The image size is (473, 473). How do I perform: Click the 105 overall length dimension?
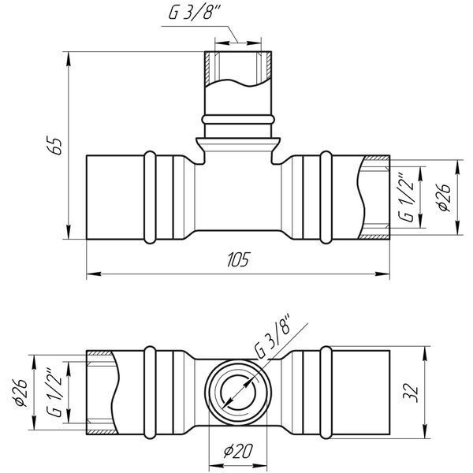238,259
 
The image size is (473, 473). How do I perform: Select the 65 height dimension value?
55,147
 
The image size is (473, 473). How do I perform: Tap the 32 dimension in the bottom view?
411,393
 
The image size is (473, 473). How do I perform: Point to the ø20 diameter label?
238,451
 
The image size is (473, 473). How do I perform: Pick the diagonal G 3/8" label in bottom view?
273,336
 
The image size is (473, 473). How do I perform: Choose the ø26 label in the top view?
445,198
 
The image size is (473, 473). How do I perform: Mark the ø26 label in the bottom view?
20,392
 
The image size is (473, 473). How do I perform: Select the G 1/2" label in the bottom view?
55,392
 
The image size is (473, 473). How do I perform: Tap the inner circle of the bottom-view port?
238,393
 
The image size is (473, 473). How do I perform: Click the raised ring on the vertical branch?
238,119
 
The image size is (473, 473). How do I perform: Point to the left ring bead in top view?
150,197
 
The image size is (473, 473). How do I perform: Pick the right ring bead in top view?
326,197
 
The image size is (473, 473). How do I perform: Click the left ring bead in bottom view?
150,393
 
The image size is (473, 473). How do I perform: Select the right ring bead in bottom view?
326,393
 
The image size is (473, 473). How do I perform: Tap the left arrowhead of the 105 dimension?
94,274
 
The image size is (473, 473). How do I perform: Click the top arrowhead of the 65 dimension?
69,58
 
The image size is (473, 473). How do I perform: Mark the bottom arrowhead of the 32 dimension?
425,432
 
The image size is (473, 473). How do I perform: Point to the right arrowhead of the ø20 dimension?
260,467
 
